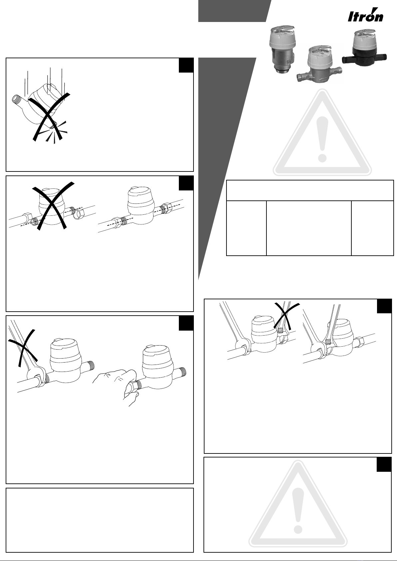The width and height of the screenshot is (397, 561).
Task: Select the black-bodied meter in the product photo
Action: tap(364, 49)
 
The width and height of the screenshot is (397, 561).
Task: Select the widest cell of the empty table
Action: tap(309, 228)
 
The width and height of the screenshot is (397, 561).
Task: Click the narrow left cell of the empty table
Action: tap(246, 228)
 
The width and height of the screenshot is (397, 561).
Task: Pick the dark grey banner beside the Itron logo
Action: tap(234, 11)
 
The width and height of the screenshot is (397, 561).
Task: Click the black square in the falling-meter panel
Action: tap(186, 65)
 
